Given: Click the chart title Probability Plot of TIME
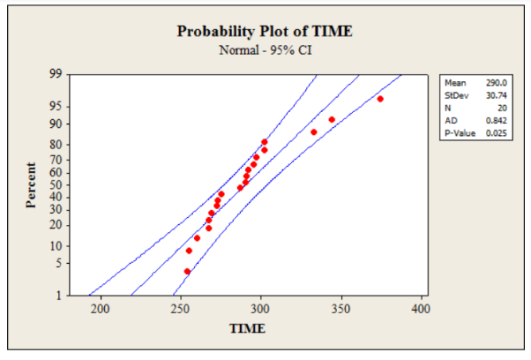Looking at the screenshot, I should [x=265, y=31].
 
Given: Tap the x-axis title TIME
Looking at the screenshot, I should [x=247, y=329].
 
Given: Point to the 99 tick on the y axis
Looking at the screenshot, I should [x=55, y=73].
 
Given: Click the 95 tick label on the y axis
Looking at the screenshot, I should [x=55, y=106].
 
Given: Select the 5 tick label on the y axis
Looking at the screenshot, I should [x=57, y=263].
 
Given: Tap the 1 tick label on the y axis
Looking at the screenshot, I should [x=57, y=295].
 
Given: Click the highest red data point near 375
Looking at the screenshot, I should [x=380, y=99].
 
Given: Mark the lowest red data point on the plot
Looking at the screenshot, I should [x=187, y=271].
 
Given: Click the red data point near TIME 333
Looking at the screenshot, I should [x=313, y=132].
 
